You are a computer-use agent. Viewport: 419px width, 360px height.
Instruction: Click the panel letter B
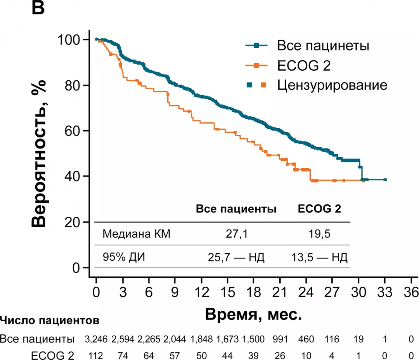[x=38, y=8]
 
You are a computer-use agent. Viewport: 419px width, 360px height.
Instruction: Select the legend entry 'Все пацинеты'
[x=322, y=46]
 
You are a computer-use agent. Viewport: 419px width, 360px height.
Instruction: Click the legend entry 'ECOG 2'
[x=304, y=66]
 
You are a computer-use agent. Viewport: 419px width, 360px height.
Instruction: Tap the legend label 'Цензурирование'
[x=332, y=85]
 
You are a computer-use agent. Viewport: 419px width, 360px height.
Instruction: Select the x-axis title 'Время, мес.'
[x=253, y=313]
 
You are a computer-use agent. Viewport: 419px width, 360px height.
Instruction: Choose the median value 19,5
[x=319, y=234]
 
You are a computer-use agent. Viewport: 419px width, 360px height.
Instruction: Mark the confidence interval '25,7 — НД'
[x=236, y=257]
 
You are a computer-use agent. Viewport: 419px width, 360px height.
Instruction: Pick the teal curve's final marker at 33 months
[x=385, y=179]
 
